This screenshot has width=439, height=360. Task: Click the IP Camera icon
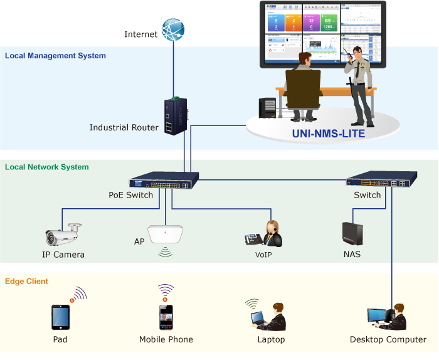(x=63, y=236)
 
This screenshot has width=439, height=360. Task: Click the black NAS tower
(x=352, y=233)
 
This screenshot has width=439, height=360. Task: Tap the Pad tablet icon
(x=60, y=317)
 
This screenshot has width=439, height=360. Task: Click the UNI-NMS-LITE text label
(x=328, y=134)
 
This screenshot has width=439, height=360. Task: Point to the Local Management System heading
(x=55, y=56)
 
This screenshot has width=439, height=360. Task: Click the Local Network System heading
(x=46, y=167)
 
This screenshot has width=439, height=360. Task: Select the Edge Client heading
(x=26, y=282)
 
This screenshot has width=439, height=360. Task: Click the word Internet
(x=140, y=34)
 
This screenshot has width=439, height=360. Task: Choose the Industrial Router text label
(x=124, y=128)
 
